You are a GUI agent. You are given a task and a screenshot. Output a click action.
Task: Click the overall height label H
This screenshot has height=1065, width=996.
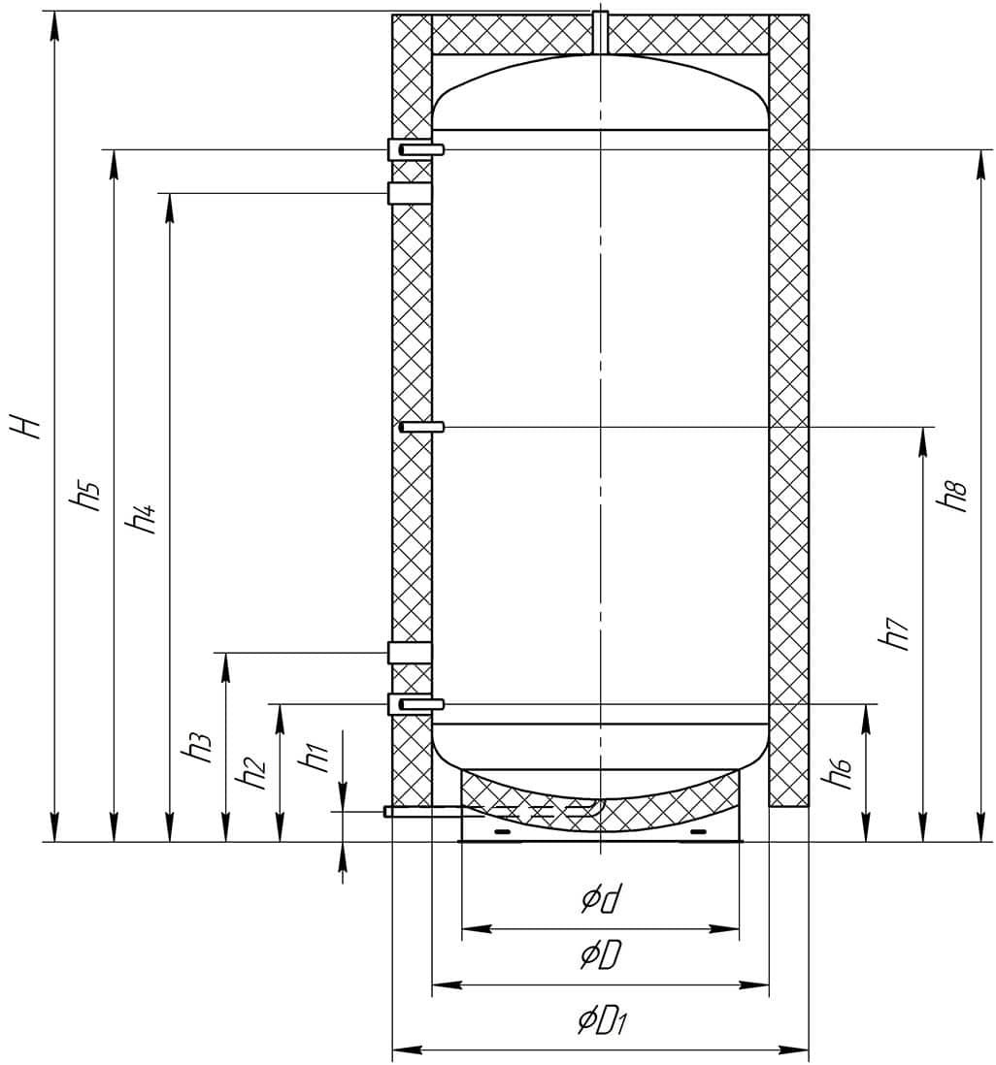click(x=30, y=426)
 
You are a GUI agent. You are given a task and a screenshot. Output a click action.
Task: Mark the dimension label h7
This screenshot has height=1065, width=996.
click(x=895, y=633)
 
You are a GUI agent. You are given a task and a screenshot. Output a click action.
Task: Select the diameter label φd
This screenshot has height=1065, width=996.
click(x=602, y=900)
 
